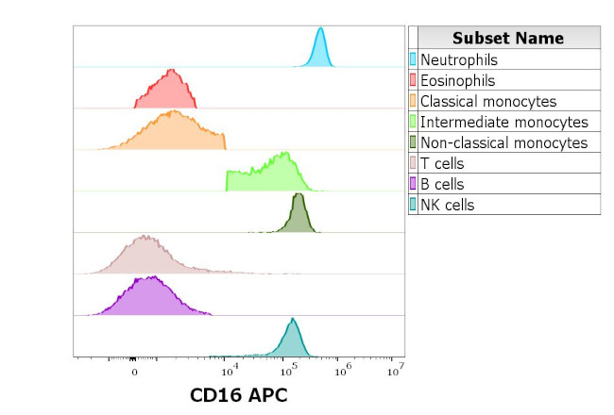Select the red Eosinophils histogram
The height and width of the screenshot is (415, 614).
click(167, 92)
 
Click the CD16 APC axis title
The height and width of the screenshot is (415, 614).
click(238, 394)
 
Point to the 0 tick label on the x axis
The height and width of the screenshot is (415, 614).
click(134, 372)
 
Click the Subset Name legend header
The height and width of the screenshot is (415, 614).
click(507, 38)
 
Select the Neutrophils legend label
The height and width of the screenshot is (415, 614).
click(458, 59)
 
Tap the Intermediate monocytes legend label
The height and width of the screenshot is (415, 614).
click(503, 122)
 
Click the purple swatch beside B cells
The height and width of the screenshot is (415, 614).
click(413, 184)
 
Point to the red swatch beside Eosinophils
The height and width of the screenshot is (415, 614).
click(413, 80)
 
